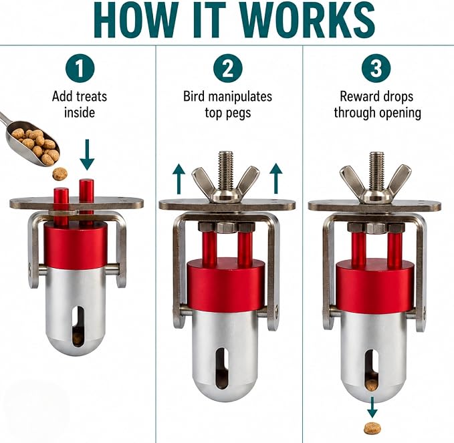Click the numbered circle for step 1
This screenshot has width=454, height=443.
pyautogui.click(x=80, y=68)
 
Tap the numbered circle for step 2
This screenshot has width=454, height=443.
pyautogui.click(x=228, y=68)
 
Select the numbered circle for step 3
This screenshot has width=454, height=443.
pyautogui.click(x=376, y=68)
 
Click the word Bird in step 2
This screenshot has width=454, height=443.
pyautogui.click(x=193, y=96)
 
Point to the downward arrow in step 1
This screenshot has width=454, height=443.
pyautogui.click(x=87, y=155)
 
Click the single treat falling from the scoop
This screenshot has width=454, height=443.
pyautogui.click(x=60, y=174)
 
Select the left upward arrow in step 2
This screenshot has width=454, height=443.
pyautogui.click(x=179, y=178)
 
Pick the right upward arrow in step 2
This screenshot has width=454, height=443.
pyautogui.click(x=276, y=178)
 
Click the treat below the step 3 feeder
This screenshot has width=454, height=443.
pyautogui.click(x=372, y=428)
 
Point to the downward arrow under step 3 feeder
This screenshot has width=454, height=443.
pyautogui.click(x=372, y=408)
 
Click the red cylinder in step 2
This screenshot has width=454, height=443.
pyautogui.click(x=226, y=285)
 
